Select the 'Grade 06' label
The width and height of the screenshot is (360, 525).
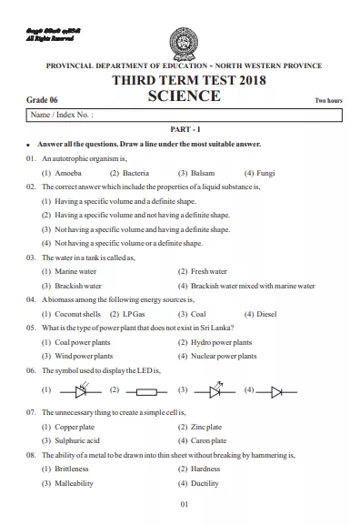(41, 98)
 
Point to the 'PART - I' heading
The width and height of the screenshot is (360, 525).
(180, 131)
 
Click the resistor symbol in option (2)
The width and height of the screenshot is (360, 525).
(148, 391)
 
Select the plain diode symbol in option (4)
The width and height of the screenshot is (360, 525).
(275, 391)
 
